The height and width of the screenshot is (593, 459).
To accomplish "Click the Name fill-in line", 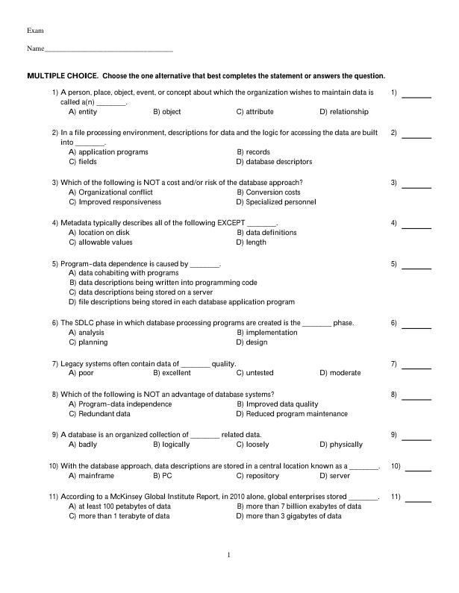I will click(x=108, y=51).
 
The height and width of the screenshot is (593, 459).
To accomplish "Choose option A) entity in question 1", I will click(x=83, y=112).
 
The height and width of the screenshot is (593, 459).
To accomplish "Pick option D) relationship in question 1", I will click(x=344, y=112).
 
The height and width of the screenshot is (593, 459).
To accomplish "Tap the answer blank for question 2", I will click(x=418, y=137).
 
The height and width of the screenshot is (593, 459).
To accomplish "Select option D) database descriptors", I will click(x=274, y=162).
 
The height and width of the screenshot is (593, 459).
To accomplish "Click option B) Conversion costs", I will click(x=269, y=192).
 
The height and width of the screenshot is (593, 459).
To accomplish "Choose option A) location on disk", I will click(x=99, y=233).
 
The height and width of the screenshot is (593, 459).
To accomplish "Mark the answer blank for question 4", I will click(x=418, y=228).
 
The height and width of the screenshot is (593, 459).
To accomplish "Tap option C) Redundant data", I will click(x=99, y=414).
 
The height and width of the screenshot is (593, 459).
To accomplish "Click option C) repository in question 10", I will click(x=257, y=476).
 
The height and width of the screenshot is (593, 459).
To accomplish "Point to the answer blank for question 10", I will click(x=418, y=471).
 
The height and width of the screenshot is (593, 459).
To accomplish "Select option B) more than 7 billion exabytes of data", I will click(x=299, y=506).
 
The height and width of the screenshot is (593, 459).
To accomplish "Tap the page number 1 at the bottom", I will click(x=229, y=555).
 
